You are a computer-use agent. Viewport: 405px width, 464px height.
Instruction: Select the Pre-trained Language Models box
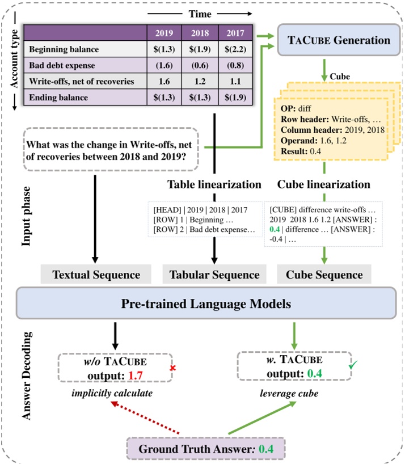coord(205,303)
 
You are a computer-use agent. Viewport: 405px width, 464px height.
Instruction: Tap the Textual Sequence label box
coord(96,275)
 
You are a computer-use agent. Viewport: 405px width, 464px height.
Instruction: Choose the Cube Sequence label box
coord(324,275)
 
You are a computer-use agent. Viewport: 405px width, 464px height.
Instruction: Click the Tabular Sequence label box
coord(214,275)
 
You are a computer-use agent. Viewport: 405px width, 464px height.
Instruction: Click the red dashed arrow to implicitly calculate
coord(147,417)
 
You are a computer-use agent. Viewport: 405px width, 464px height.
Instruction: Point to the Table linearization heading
coord(214,185)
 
